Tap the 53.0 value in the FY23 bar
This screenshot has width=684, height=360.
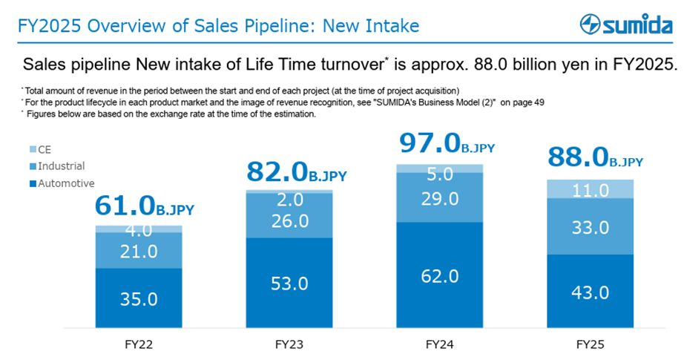pyautogui.click(x=290, y=283)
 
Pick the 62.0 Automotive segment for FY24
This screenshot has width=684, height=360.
pyautogui.click(x=440, y=275)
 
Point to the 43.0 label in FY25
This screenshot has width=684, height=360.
pyautogui.click(x=591, y=292)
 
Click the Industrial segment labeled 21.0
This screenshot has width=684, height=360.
pyautogui.click(x=139, y=251)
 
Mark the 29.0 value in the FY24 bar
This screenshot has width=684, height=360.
pyautogui.click(x=440, y=197)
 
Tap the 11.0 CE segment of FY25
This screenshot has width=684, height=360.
pyautogui.click(x=591, y=190)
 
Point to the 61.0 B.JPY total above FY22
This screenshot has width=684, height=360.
pyautogui.click(x=144, y=206)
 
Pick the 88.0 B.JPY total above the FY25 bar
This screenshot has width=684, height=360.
pyautogui.click(x=596, y=157)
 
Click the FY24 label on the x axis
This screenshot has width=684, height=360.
pyautogui.click(x=440, y=344)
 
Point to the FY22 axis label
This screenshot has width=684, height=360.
pyautogui.click(x=139, y=344)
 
